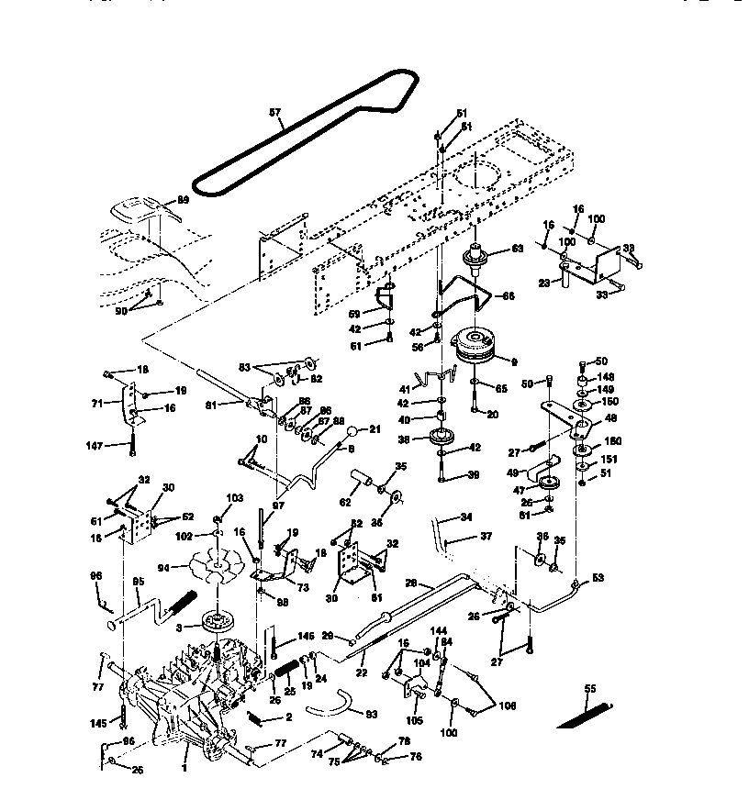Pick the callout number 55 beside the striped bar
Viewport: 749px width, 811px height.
click(589, 688)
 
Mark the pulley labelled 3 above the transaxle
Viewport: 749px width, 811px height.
click(217, 621)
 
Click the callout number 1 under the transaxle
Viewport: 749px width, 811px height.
click(184, 767)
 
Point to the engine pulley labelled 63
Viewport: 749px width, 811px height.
click(477, 260)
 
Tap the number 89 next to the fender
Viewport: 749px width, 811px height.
click(183, 199)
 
